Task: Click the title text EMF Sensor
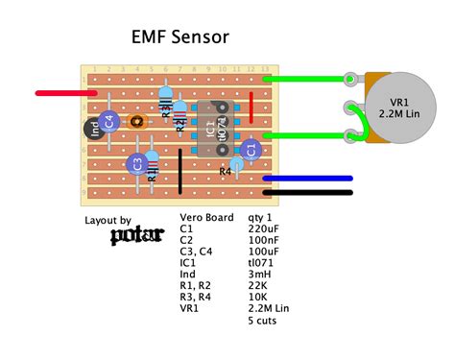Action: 180,39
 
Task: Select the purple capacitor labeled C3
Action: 137,163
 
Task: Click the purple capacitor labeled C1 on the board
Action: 251,149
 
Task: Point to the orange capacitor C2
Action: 137,121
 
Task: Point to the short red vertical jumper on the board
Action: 251,108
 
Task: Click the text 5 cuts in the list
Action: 264,322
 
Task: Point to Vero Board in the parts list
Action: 206,218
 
